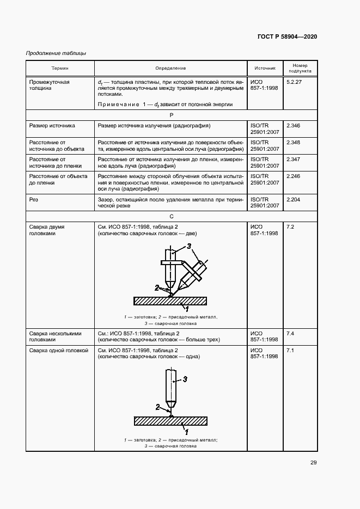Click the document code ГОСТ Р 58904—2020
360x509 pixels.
click(287, 36)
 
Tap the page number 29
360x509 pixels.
click(314, 463)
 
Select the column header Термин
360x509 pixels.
click(60, 69)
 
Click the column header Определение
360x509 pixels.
click(170, 69)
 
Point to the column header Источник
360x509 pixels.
click(265, 69)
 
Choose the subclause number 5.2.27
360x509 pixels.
click(295, 82)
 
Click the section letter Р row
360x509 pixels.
click(171, 115)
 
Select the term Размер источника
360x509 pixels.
click(52, 125)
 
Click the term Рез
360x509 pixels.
click(34, 200)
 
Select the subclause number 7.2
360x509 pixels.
click(290, 226)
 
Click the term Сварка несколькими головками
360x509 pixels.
click(55, 336)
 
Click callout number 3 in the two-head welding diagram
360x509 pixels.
click(189, 247)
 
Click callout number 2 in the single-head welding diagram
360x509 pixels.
click(157, 407)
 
